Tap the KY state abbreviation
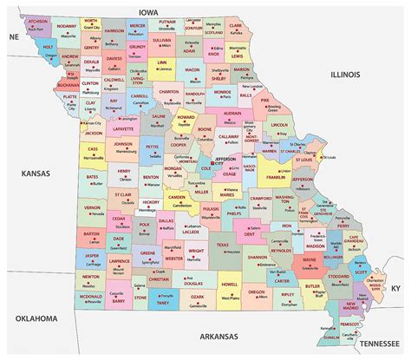[397, 287]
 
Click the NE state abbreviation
[12, 38]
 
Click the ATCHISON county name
[37, 21]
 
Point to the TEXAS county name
[222, 245]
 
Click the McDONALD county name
[91, 296]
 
